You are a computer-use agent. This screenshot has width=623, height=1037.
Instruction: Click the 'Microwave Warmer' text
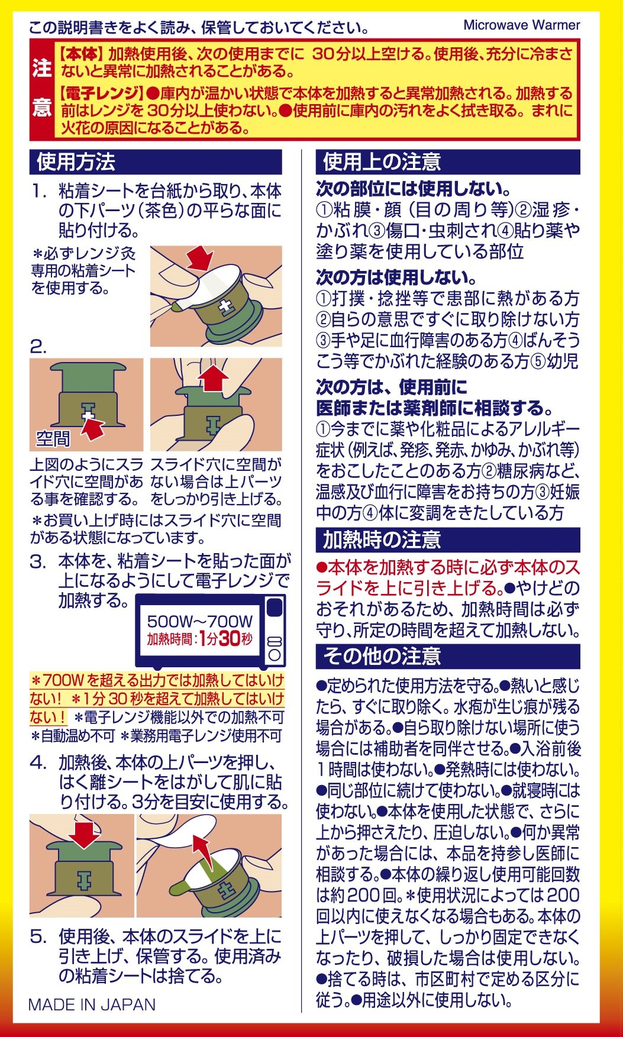point(521,25)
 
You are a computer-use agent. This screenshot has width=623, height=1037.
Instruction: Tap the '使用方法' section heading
point(76,162)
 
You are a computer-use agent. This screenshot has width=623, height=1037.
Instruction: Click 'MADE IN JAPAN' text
point(92,1004)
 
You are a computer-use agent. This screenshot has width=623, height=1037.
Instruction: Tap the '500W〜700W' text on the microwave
point(200,621)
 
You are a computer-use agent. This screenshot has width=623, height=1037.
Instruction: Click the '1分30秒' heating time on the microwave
point(225,639)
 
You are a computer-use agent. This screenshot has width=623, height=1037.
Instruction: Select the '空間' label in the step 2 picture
point(53,438)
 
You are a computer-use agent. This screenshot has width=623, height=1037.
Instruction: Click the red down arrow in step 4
point(83,834)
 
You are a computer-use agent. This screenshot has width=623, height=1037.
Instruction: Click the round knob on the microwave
point(274,655)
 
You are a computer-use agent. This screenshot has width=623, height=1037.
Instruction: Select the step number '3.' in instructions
point(38,561)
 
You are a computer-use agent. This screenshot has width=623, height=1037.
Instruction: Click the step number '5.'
point(38,936)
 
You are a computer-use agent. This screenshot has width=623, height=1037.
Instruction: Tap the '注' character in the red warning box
point(42,67)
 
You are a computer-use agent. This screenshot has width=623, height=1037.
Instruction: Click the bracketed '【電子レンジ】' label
point(100,93)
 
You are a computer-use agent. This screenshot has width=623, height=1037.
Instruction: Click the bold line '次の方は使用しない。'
point(396,277)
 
